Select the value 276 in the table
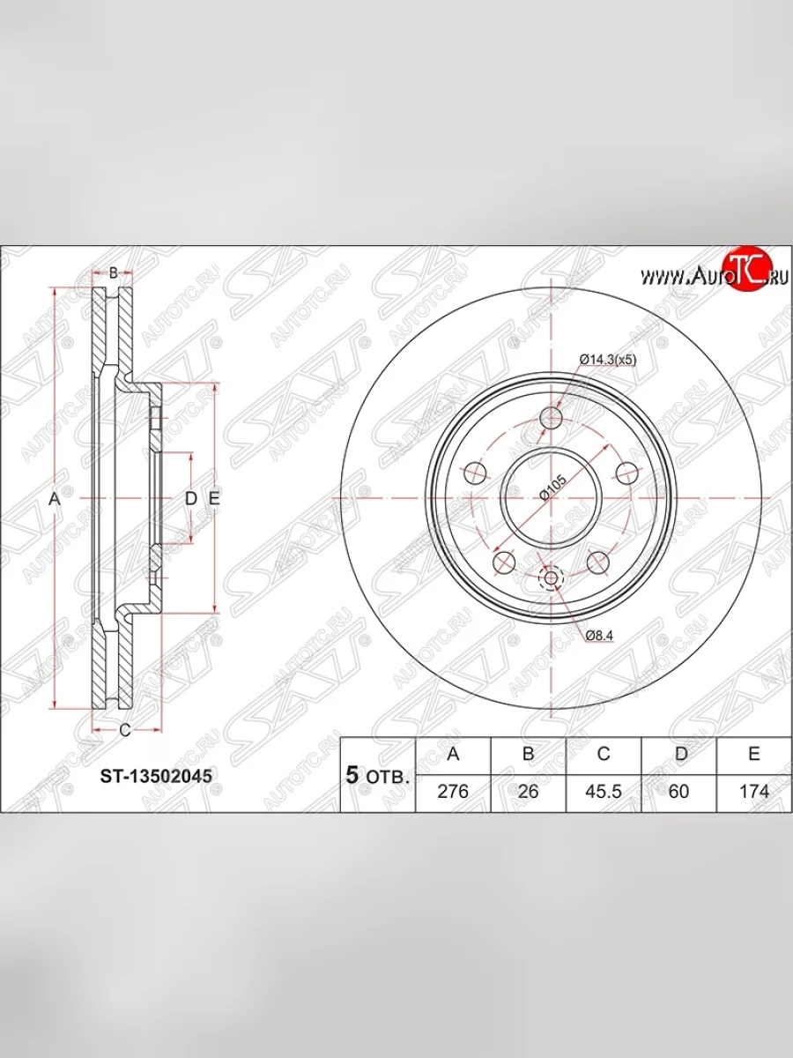point(453,791)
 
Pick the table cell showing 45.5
point(604,791)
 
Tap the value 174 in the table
point(754,791)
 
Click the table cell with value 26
point(528,791)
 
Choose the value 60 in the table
point(678,791)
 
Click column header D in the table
point(678,755)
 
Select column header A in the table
point(453,755)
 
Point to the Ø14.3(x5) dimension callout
point(607,359)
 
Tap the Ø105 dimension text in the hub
point(552,487)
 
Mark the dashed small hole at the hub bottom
point(552,578)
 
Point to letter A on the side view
point(54,499)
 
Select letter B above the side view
point(113,272)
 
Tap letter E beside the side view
point(213,499)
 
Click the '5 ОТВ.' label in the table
point(377,776)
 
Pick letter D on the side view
point(190,499)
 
